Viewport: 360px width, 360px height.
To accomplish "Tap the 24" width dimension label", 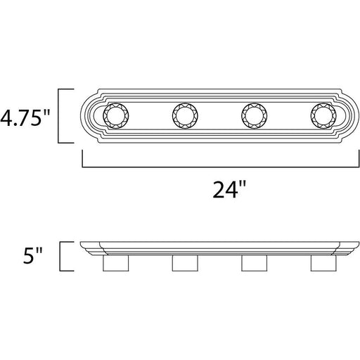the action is pyautogui.click(x=229, y=190).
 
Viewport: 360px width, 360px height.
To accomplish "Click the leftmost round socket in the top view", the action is pyautogui.click(x=116, y=116).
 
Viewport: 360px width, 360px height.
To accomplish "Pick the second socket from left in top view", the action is pyautogui.click(x=185, y=116).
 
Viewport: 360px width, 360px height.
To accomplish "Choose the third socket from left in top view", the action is pyautogui.click(x=254, y=116).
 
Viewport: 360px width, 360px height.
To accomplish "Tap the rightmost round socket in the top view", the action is pyautogui.click(x=323, y=116).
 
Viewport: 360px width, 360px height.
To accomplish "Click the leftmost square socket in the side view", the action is pyautogui.click(x=116, y=263).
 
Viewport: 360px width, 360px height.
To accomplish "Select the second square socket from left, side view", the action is pyautogui.click(x=185, y=263).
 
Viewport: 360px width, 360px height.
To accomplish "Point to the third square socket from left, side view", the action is pyautogui.click(x=254, y=263).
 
